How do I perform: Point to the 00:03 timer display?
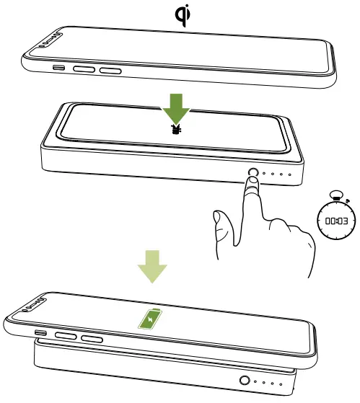[x=337, y=222]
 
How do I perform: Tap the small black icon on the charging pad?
[x=176, y=131]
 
